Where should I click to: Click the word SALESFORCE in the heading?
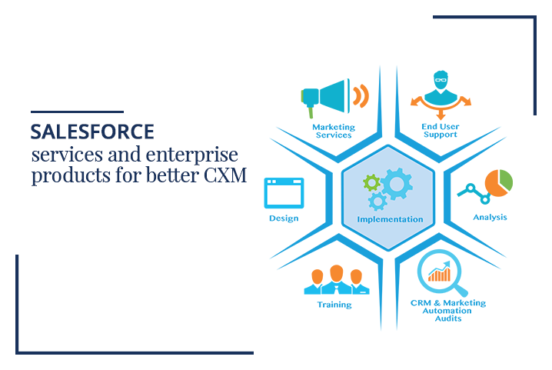click(92, 132)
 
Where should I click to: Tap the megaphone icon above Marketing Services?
click(326, 97)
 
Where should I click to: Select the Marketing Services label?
click(334, 131)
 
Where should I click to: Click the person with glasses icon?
click(441, 88)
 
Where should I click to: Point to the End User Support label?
click(441, 130)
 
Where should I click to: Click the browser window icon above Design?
click(284, 193)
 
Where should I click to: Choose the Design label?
click(284, 218)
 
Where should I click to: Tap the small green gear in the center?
click(371, 183)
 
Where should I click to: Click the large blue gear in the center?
click(397, 184)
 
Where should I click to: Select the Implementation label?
click(390, 219)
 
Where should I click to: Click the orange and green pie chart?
click(498, 183)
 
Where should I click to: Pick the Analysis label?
click(490, 217)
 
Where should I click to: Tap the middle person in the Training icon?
click(337, 279)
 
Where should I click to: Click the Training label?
click(334, 305)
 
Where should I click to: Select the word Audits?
click(448, 318)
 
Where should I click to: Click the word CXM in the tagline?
click(225, 175)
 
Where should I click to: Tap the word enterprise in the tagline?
click(192, 155)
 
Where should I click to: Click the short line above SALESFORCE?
click(77, 112)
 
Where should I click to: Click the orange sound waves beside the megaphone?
click(361, 96)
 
